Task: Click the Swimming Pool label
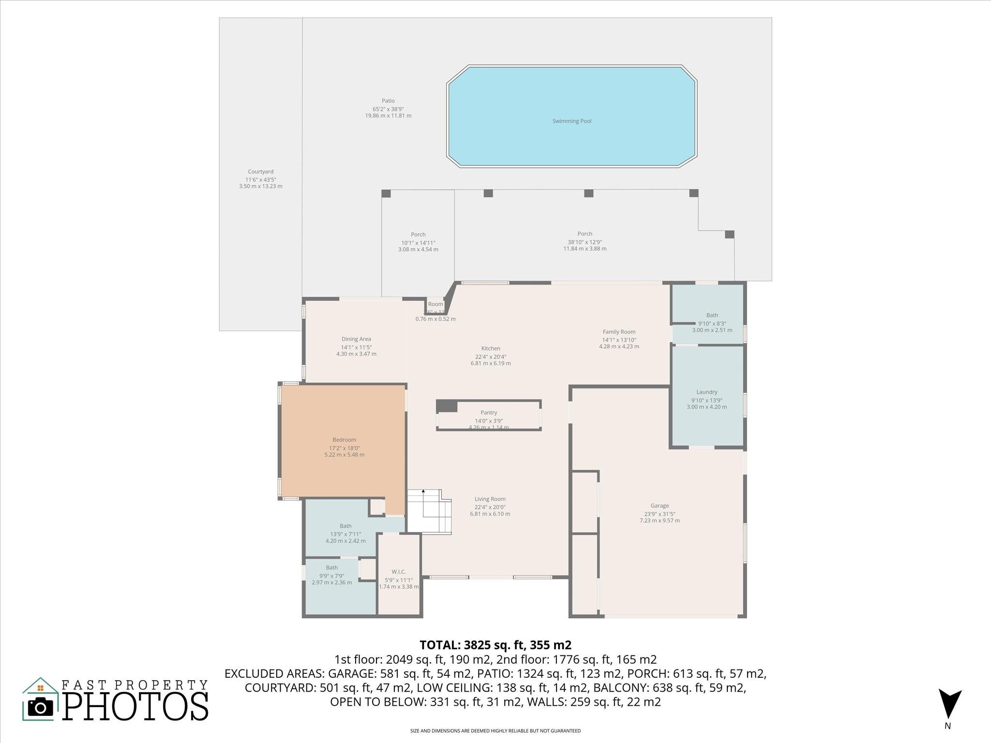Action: [572, 121]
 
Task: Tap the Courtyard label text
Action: [260, 172]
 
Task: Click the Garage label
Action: [660, 505]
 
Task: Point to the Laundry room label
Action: [706, 392]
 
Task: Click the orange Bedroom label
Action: [344, 440]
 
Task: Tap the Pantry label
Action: [489, 413]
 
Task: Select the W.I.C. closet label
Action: [399, 572]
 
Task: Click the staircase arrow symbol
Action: [423, 491]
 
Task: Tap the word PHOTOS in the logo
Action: [135, 706]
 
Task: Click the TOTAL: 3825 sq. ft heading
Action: [495, 645]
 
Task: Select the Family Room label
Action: [619, 332]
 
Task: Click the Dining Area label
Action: [356, 339]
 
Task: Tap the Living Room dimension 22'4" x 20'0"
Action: [490, 507]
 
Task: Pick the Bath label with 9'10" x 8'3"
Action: [712, 315]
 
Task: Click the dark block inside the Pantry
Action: [447, 406]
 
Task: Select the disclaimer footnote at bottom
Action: [495, 731]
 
